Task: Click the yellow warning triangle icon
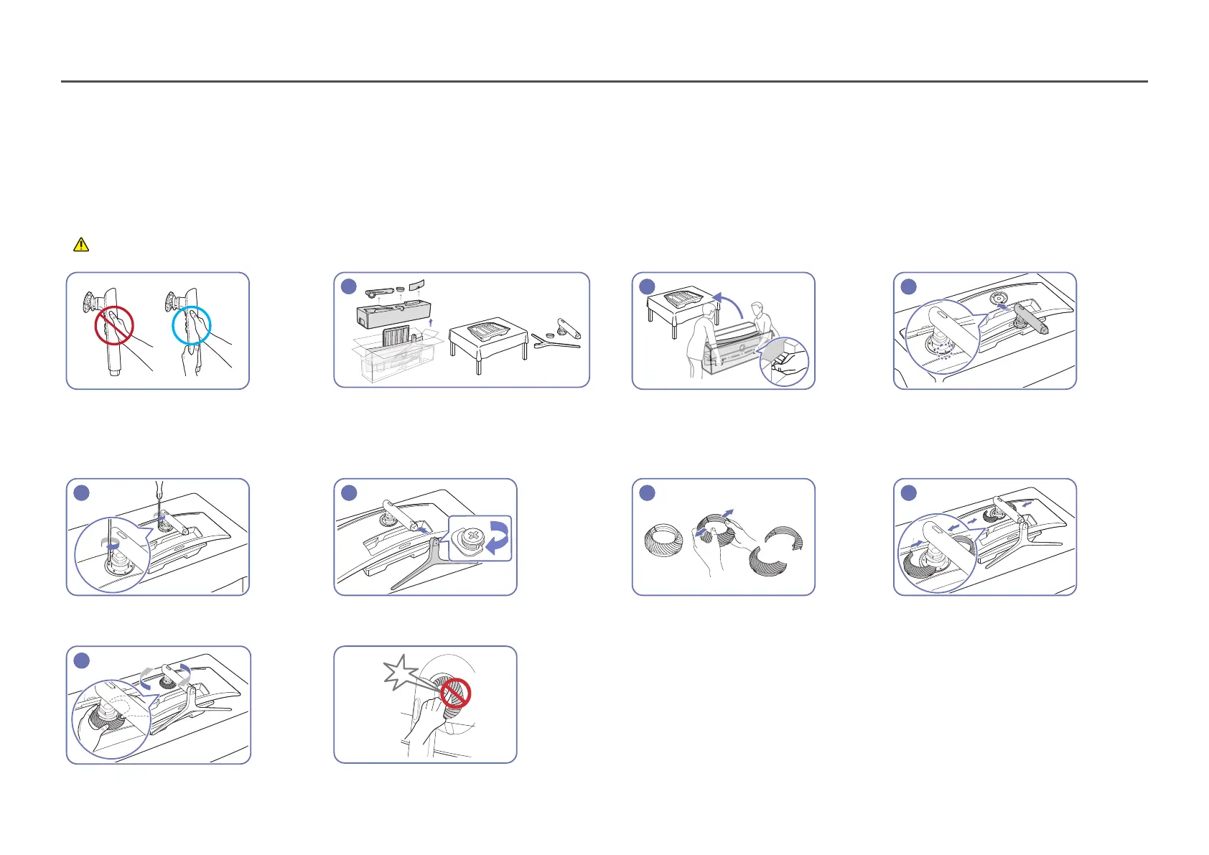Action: pyautogui.click(x=81, y=245)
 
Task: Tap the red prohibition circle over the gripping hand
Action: pyautogui.click(x=114, y=325)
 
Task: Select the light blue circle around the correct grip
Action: pyautogui.click(x=191, y=325)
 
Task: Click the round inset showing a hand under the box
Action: pyautogui.click(x=783, y=361)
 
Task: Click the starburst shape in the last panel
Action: pyautogui.click(x=400, y=673)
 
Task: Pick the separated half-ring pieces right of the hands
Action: pyautogui.click(x=774, y=553)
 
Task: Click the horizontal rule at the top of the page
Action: pyautogui.click(x=604, y=82)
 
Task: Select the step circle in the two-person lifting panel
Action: pyautogui.click(x=647, y=286)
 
